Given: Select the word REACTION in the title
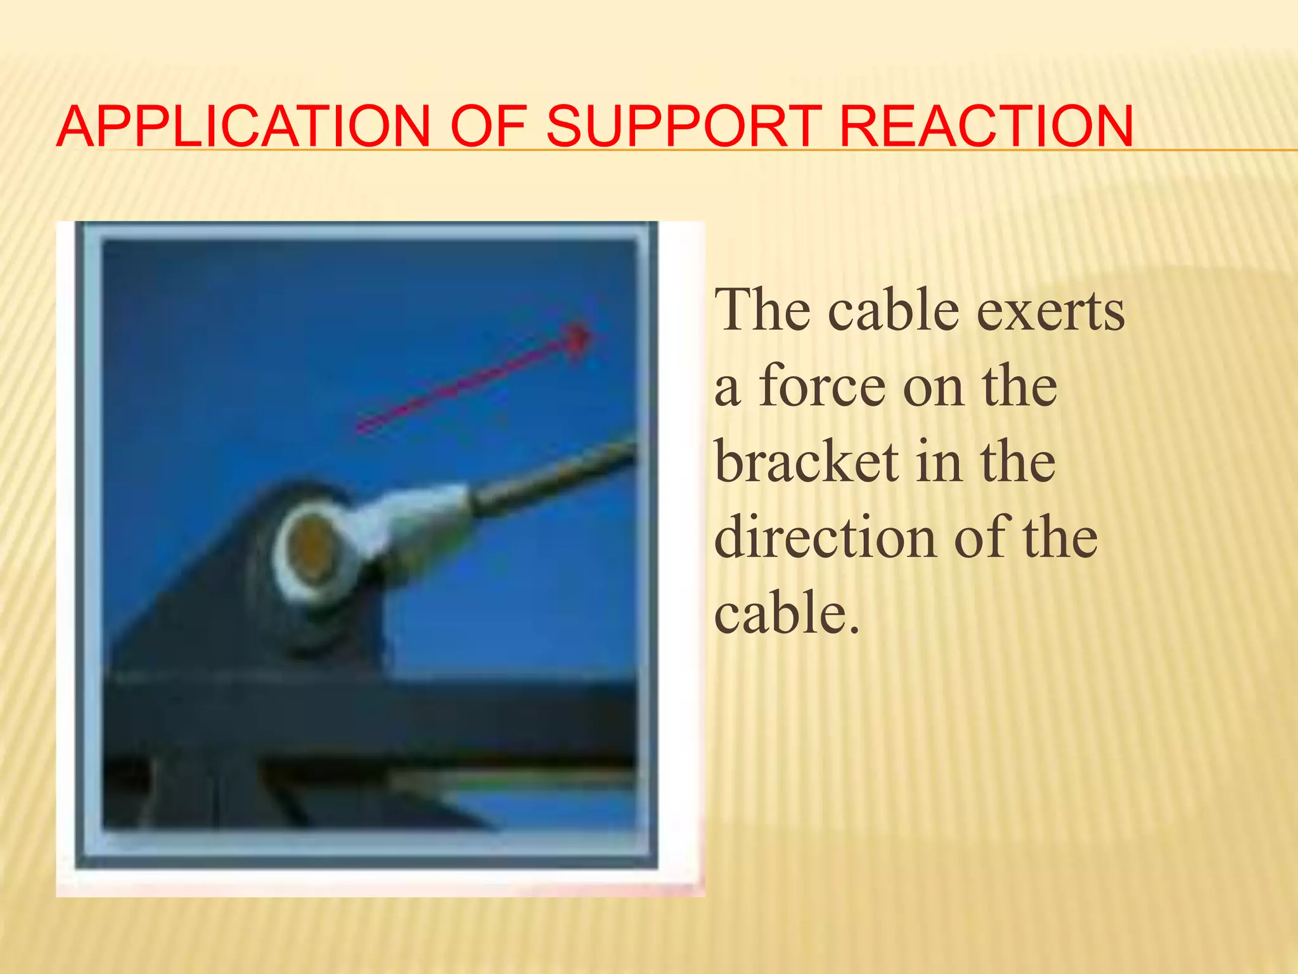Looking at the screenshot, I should point(986,127).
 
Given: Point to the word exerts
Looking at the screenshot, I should point(1050,311).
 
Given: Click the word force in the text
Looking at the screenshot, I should point(822,387).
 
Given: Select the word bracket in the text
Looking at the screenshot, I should point(806,462).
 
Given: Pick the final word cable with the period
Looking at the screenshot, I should point(787,614).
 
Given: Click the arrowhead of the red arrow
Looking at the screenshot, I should point(577,339).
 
